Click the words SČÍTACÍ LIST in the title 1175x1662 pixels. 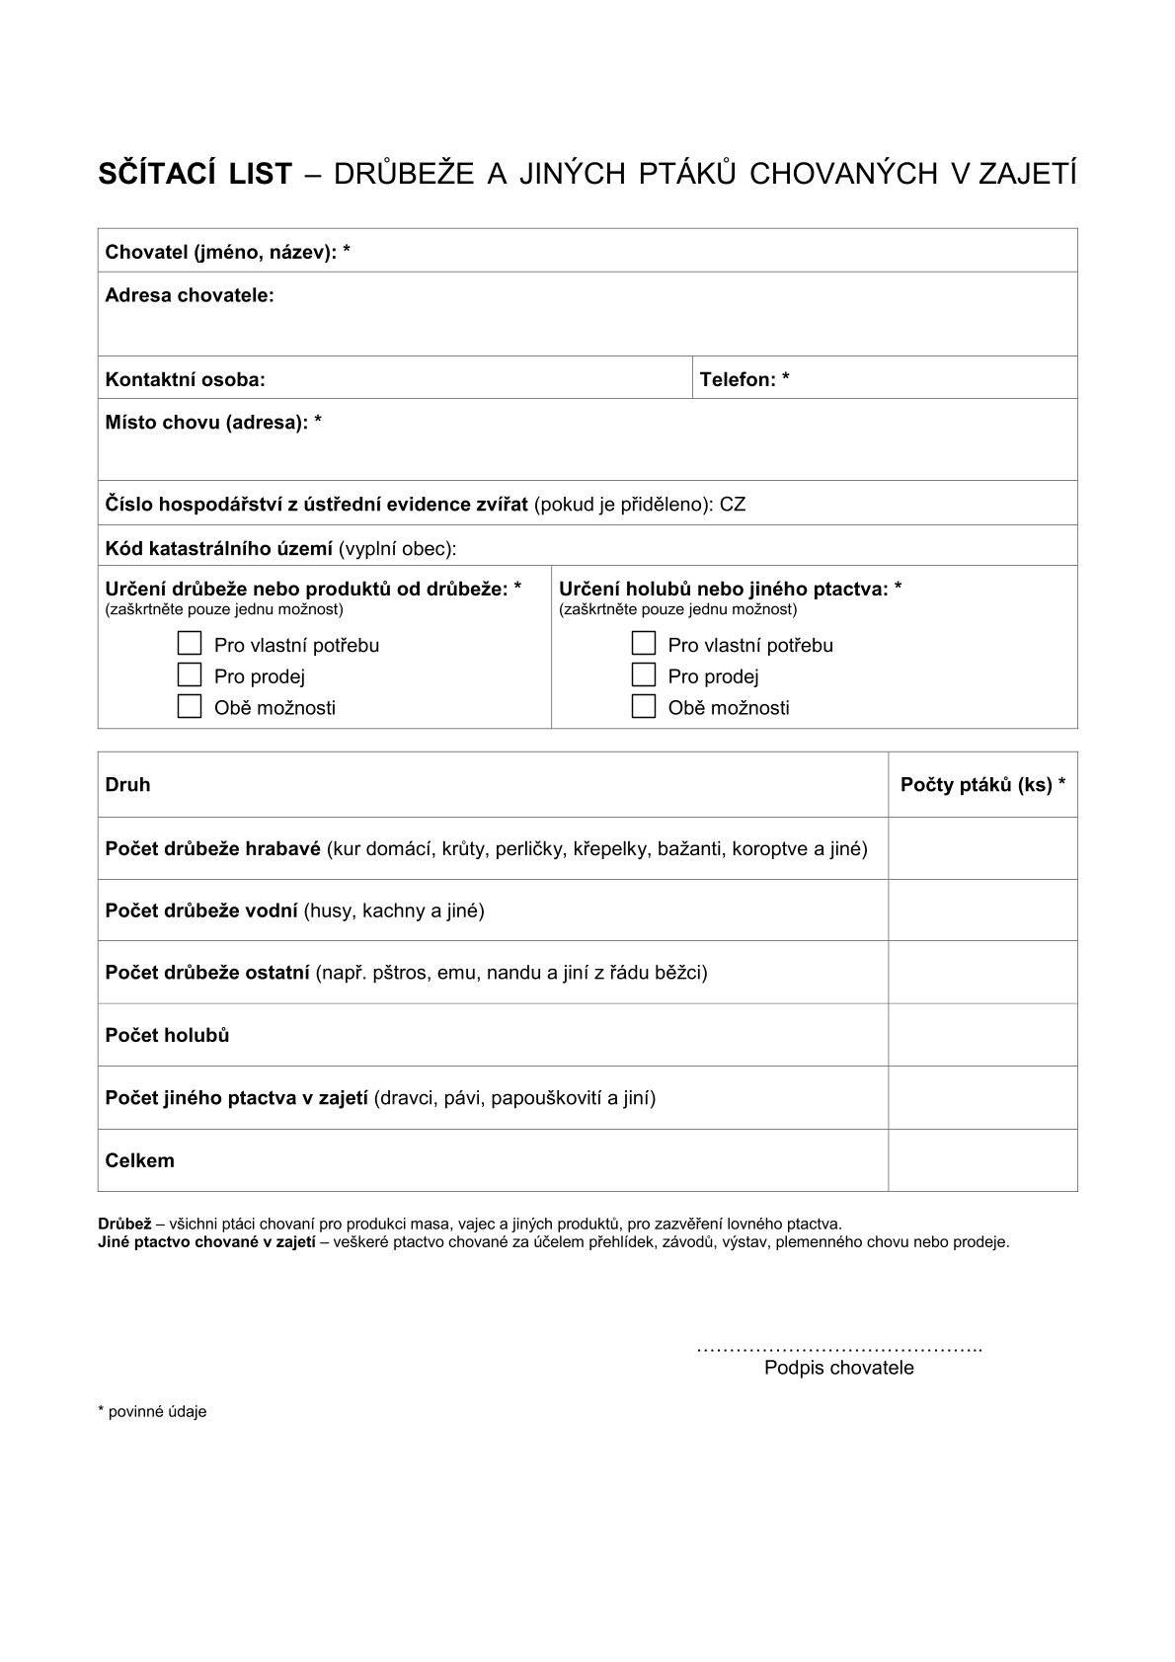click(195, 174)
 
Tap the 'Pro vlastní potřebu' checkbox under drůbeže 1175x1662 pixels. click(190, 644)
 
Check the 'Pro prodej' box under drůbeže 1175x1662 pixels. click(190, 675)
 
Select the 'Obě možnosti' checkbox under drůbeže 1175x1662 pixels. click(190, 707)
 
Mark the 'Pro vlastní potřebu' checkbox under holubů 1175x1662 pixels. click(644, 644)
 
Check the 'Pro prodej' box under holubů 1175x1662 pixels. click(644, 675)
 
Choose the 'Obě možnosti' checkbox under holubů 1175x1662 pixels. click(644, 707)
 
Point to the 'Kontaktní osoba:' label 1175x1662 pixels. click(186, 379)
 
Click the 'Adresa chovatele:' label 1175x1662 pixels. click(190, 295)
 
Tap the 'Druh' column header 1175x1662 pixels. click(128, 785)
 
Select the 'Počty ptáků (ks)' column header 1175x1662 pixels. click(982, 785)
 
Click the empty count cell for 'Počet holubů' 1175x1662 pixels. click(982, 1035)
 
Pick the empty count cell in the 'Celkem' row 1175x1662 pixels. click(982, 1160)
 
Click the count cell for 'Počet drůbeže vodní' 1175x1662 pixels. click(982, 910)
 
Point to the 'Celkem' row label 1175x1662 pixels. click(140, 1160)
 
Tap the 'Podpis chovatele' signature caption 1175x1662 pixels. click(838, 1368)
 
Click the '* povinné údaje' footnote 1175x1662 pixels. click(152, 1412)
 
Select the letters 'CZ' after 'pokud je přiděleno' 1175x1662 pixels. click(733, 505)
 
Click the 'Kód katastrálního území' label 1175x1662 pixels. click(219, 548)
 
